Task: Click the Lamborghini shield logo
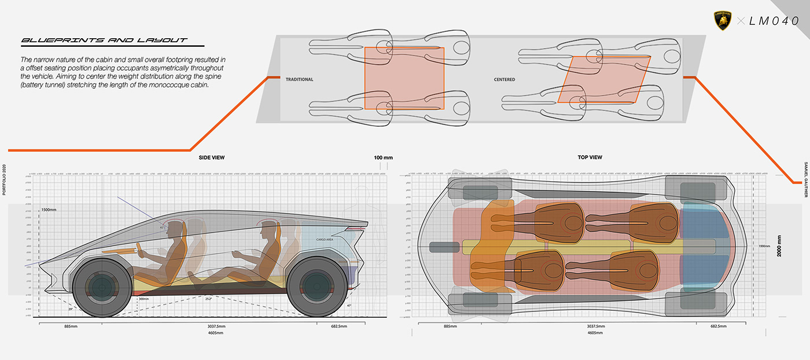pos(724,21)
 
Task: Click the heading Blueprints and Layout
pos(104,41)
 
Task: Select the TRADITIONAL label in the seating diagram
pos(299,79)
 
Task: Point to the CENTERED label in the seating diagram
pos(505,79)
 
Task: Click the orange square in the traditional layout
pos(404,78)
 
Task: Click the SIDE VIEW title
pos(212,157)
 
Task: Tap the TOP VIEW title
pos(590,157)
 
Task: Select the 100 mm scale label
pos(383,157)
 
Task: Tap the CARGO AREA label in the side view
pos(326,239)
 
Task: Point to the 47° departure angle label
pos(348,305)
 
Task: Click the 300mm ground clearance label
pos(144,299)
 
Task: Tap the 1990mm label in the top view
pos(764,247)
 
